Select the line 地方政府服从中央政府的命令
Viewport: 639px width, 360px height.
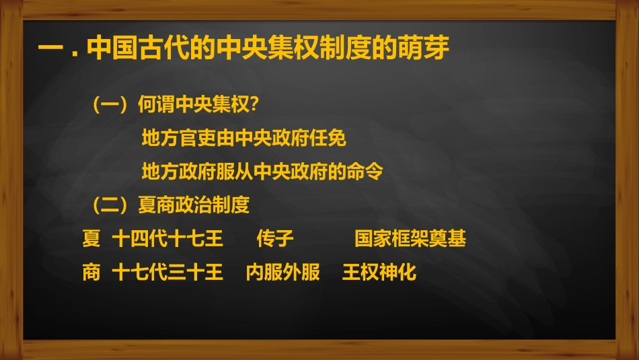tap(262, 172)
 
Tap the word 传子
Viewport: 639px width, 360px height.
tap(275, 238)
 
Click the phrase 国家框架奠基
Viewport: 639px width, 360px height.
tap(410, 238)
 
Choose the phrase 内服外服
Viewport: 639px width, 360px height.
tap(283, 272)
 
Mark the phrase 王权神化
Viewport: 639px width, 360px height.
tap(379, 272)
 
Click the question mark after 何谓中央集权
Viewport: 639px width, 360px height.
tap(255, 105)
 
